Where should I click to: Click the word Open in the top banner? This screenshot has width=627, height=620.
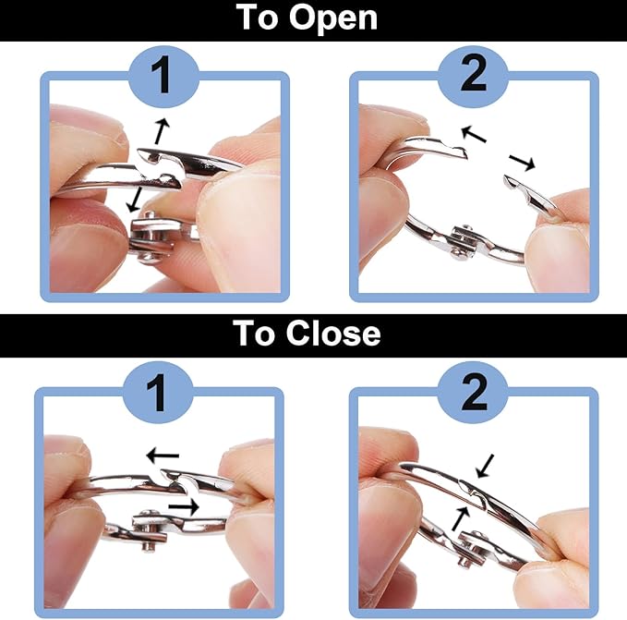coord(333,18)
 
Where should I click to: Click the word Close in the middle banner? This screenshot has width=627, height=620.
coord(333,334)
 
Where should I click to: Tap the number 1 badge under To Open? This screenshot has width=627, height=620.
coord(163,76)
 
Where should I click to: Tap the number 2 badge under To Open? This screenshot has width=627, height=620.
coord(473,76)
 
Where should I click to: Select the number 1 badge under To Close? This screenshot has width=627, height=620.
coord(158,393)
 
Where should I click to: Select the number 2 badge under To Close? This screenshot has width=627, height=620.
coord(473,393)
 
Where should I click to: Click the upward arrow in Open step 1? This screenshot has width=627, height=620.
coord(162,130)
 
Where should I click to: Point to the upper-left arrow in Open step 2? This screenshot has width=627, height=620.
coord(474,134)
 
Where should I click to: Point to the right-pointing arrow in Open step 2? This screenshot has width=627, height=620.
coord(522,162)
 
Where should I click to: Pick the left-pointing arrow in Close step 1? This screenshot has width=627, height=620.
coord(163,456)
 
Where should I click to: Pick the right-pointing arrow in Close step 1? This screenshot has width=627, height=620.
coord(184,507)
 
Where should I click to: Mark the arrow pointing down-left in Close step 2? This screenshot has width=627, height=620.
coord(485,466)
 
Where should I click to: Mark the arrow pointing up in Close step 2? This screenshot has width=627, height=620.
coord(461,518)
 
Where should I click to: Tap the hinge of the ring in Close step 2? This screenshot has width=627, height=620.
coord(471,548)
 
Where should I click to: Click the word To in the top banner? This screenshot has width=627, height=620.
coord(257,17)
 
